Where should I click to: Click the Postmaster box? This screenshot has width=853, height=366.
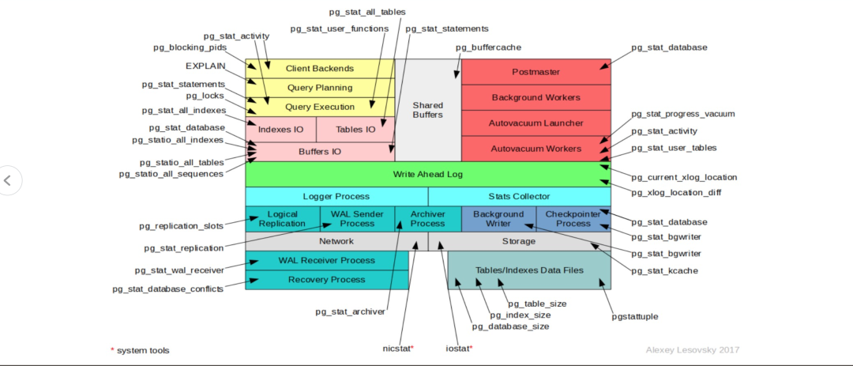tap(535, 72)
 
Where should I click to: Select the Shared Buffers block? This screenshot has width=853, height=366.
tap(428, 109)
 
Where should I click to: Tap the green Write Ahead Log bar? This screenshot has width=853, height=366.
tap(427, 174)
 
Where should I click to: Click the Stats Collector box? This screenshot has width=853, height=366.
tap(519, 196)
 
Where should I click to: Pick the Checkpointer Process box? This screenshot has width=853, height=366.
tap(573, 218)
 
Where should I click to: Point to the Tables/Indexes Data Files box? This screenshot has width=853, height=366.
tap(529, 270)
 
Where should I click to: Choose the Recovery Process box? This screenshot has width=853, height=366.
tap(326, 280)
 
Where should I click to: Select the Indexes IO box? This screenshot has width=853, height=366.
tap(281, 129)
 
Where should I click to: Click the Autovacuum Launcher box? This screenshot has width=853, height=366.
tap(535, 123)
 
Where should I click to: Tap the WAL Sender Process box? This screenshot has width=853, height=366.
tap(357, 218)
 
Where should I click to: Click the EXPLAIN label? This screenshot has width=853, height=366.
tap(205, 66)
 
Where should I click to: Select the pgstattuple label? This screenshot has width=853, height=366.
tap(635, 316)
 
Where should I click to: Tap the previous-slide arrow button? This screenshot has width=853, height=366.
tap(8, 180)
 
